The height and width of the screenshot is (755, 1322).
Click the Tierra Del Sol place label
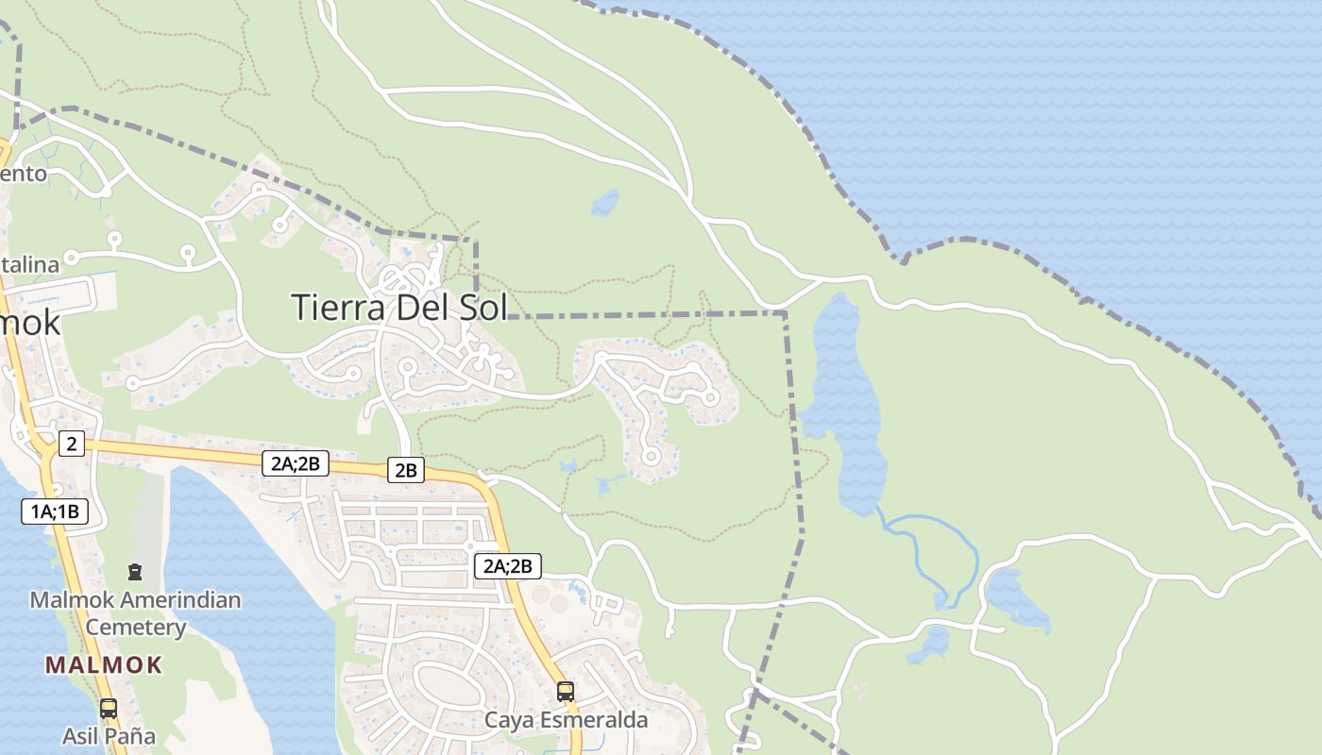pyautogui.click(x=398, y=308)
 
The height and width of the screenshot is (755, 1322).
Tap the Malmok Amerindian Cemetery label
pyautogui.click(x=135, y=613)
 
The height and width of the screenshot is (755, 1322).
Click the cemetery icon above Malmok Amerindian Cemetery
pyautogui.click(x=135, y=572)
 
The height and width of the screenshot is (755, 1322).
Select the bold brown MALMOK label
pyautogui.click(x=104, y=664)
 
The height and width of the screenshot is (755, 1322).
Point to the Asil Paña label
pyautogui.click(x=109, y=736)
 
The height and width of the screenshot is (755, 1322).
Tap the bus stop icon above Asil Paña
pyautogui.click(x=109, y=708)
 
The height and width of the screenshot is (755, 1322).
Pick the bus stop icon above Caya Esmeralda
pyautogui.click(x=566, y=692)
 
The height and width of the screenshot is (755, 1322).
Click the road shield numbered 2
pyautogui.click(x=71, y=443)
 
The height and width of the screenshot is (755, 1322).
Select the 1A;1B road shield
pyautogui.click(x=55, y=512)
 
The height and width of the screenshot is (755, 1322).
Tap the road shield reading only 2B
pyautogui.click(x=405, y=469)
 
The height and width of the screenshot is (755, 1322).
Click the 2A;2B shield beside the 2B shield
pyautogui.click(x=296, y=462)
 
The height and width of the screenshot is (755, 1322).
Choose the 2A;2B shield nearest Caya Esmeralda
pyautogui.click(x=508, y=566)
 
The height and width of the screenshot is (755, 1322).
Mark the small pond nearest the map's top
pyautogui.click(x=604, y=203)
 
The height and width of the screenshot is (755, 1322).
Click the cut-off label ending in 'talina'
pyautogui.click(x=28, y=264)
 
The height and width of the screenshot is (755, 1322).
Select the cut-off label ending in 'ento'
pyautogui.click(x=23, y=174)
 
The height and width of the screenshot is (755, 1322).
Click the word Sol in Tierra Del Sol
pyautogui.click(x=478, y=308)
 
